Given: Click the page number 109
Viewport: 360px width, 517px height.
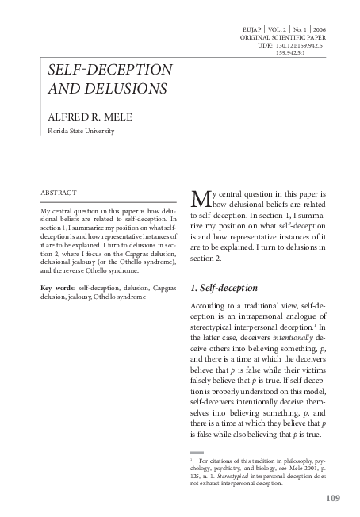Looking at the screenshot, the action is point(333,498).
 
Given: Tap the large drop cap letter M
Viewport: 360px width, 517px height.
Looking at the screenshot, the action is point(201,197).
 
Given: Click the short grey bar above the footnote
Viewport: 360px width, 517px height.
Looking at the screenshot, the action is point(197,451).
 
